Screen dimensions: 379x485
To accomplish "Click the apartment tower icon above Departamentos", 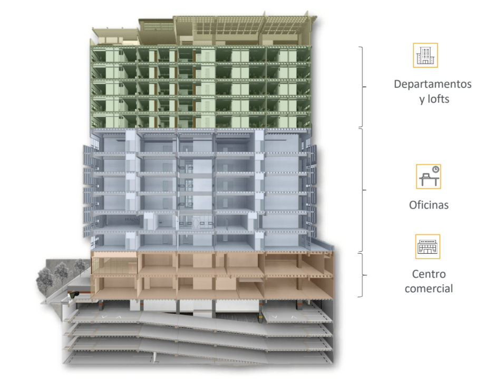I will tap(425, 55).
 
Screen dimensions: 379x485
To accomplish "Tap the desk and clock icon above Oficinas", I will tap(428, 176).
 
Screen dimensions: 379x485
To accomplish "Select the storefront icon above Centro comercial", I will tap(428, 246).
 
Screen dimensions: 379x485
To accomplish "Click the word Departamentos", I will tap(432, 84).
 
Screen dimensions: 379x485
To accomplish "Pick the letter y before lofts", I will tap(422, 99).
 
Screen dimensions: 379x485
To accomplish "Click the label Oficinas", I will tap(429, 205).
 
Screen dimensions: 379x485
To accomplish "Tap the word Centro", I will tap(429, 274).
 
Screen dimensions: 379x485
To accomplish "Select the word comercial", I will tap(429, 288).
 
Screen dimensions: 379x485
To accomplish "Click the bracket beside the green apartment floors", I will tap(363, 86).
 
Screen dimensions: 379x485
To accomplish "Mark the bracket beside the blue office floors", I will tap(363, 189).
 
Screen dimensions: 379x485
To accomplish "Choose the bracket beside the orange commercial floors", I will tap(363, 275).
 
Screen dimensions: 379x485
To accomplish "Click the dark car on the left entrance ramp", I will tap(76, 293).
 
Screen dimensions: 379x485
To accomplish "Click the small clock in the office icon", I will tap(435, 169).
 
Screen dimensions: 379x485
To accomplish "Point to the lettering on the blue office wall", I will tap(131, 218).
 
